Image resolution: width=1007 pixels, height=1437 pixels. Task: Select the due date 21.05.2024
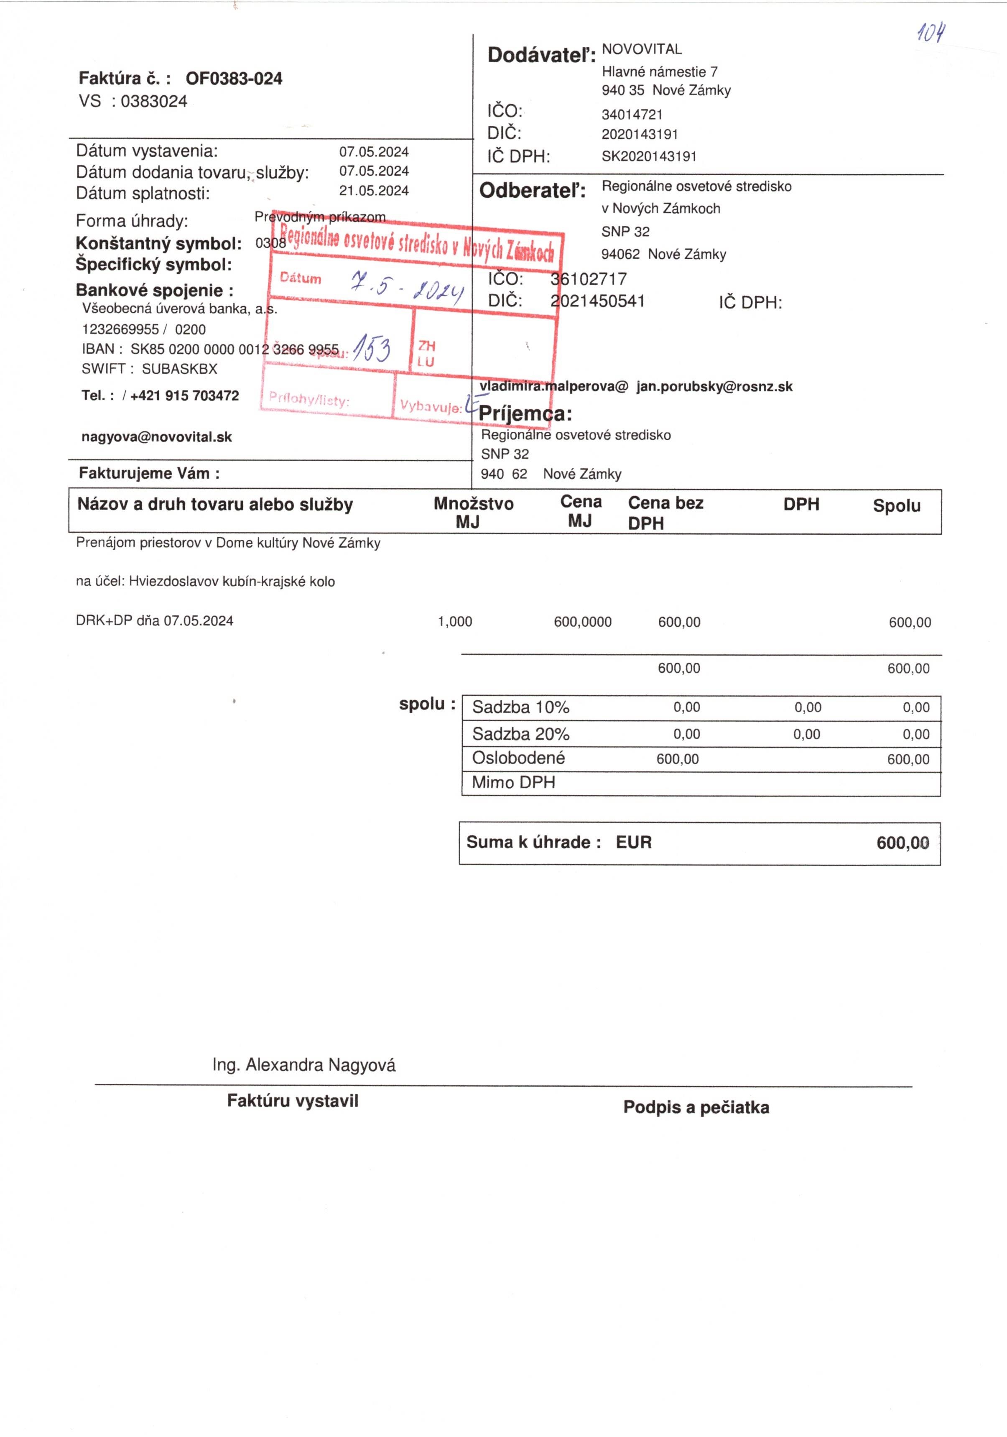coord(374,191)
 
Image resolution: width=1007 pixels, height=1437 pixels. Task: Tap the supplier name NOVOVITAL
coord(642,49)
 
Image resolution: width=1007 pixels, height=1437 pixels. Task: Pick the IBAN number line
coord(210,349)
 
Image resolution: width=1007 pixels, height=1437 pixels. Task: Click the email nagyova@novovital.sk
coord(156,437)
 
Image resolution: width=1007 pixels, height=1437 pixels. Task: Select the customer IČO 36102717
coord(588,279)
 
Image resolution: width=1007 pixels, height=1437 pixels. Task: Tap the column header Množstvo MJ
coord(473,512)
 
